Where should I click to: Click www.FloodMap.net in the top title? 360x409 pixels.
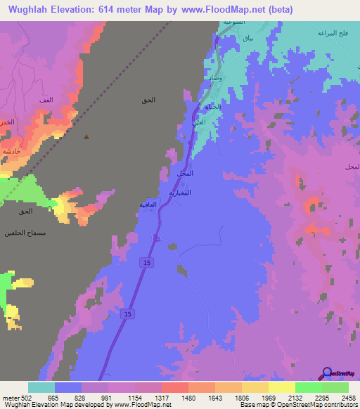tap(220, 9)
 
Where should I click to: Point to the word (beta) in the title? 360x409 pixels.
tap(278, 9)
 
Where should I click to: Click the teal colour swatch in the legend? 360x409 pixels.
tap(41, 387)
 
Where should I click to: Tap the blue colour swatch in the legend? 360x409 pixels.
tap(68, 387)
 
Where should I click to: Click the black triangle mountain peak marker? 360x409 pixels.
tap(86, 137)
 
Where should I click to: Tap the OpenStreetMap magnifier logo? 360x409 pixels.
tap(327, 373)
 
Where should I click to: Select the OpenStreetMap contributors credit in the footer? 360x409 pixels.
tap(316, 405)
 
